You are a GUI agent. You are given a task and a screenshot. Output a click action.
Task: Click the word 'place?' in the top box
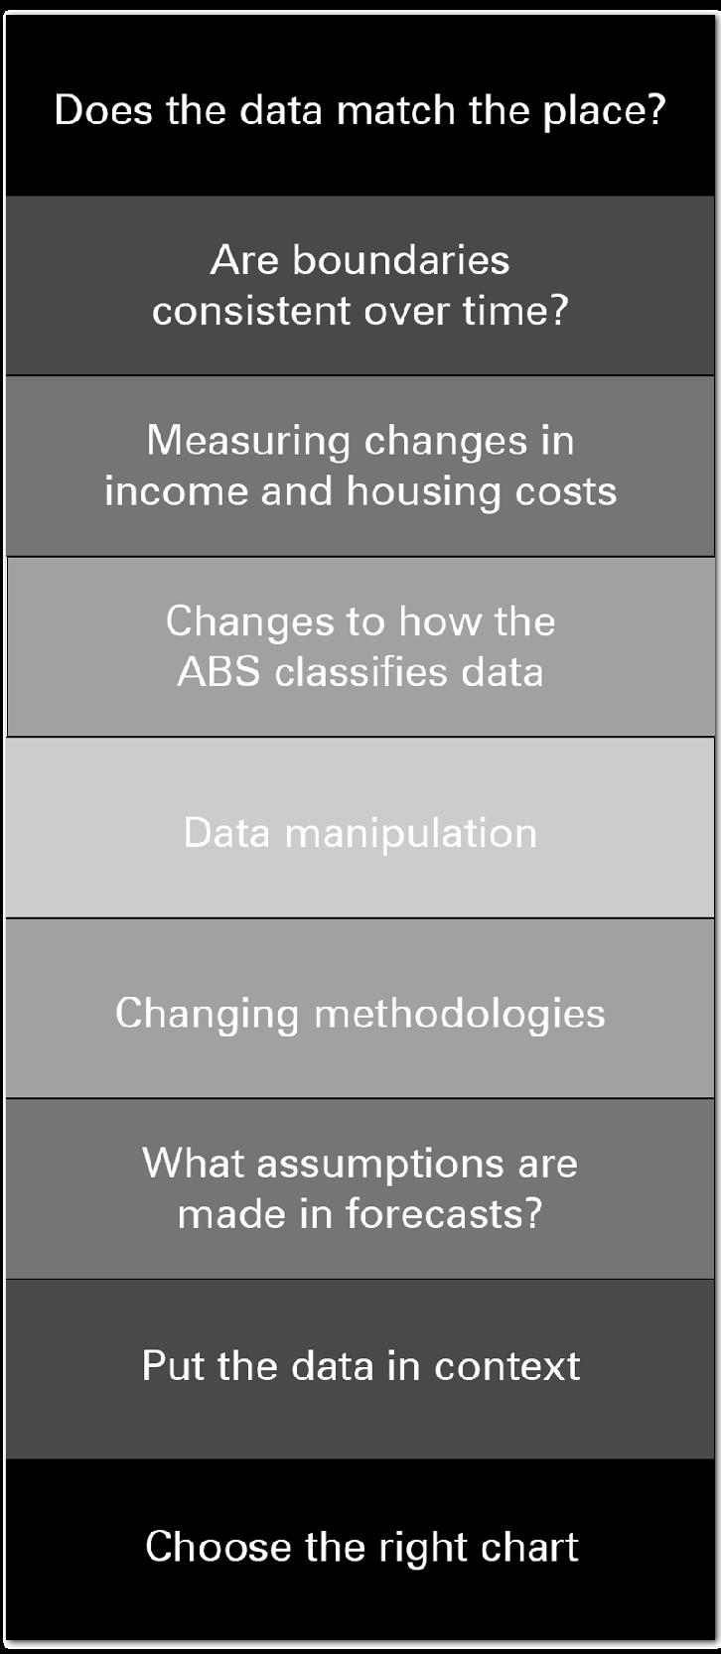604,112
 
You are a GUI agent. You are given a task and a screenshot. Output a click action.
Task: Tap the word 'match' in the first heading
396,110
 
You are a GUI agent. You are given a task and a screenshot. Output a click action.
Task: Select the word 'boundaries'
401,260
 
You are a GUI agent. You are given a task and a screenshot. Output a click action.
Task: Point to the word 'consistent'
251,310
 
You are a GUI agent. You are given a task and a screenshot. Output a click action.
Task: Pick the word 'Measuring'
247,442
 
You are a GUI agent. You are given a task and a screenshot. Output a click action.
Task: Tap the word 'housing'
424,492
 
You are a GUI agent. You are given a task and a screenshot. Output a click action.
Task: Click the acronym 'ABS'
219,672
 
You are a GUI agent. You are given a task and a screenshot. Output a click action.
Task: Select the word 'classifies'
361,672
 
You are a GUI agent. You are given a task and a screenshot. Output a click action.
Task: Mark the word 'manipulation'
411,834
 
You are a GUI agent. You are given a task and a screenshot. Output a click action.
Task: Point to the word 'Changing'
207,1015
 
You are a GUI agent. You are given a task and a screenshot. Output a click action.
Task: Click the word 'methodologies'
460,1015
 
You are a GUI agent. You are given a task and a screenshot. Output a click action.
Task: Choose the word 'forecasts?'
445,1214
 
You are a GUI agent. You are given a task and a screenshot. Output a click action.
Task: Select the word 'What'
193,1164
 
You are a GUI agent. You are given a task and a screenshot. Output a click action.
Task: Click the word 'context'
506,1365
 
